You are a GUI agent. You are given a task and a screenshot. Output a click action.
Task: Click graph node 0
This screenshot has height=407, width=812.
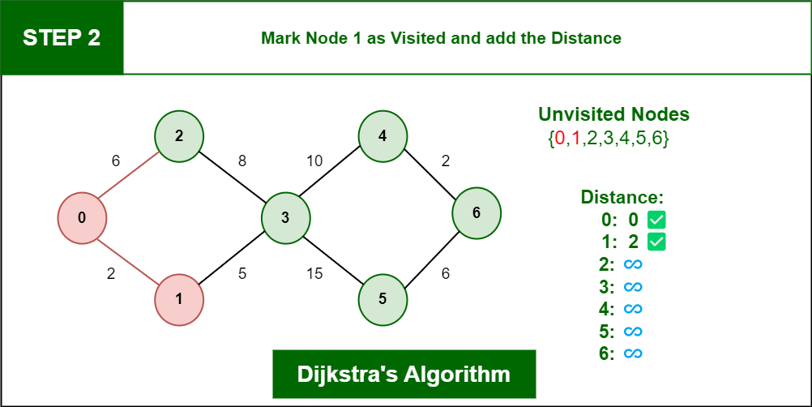click(82, 217)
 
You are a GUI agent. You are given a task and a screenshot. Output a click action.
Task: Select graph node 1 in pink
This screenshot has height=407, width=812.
click(179, 299)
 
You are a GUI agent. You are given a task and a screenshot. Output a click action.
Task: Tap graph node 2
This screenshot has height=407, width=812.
click(179, 135)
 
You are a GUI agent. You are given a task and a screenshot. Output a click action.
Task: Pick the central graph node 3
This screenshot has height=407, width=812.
click(286, 217)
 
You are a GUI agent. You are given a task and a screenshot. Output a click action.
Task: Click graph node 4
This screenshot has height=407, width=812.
click(382, 135)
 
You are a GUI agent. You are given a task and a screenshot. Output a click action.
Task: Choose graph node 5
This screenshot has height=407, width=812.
click(382, 298)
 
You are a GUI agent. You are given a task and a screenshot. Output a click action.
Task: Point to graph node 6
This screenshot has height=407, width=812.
click(477, 213)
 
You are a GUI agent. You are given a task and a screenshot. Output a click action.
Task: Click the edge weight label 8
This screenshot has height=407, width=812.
click(242, 161)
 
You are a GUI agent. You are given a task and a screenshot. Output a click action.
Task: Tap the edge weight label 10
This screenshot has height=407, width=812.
click(314, 161)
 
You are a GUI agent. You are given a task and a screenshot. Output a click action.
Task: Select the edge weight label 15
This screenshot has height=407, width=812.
click(314, 274)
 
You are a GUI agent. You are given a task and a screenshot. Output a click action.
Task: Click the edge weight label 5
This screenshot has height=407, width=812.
click(242, 274)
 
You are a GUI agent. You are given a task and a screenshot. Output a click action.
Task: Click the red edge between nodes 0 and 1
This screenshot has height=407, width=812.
click(130, 259)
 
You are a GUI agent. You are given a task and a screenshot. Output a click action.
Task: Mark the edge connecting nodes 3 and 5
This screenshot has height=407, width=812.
click(334, 258)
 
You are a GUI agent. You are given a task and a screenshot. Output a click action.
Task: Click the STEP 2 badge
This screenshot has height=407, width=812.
click(62, 37)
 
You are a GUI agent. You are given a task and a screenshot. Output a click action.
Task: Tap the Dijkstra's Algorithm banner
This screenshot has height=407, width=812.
click(404, 375)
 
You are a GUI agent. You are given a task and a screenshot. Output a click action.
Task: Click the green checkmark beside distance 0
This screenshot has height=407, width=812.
click(656, 219)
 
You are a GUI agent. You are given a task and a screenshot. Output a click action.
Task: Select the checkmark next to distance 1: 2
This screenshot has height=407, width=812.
click(656, 242)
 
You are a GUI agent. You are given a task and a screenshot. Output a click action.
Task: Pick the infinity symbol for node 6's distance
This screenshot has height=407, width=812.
click(633, 353)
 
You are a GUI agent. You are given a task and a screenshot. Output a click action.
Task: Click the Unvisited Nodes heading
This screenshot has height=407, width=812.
click(613, 114)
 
